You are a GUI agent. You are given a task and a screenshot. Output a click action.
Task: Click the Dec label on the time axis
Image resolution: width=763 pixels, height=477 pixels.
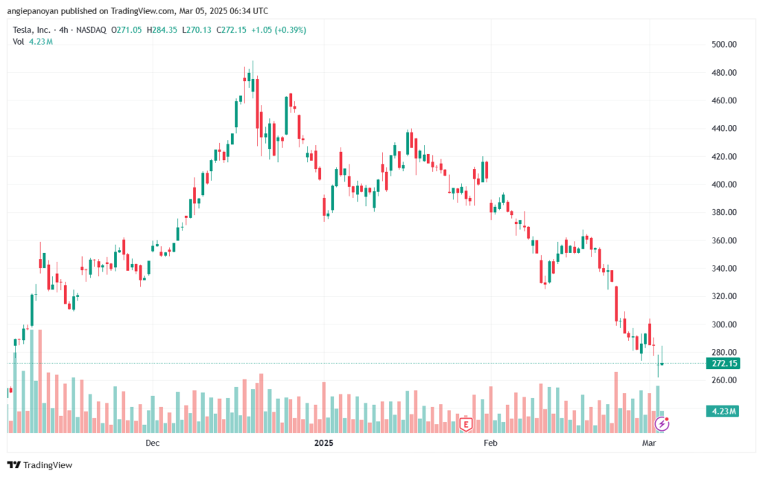(153, 444)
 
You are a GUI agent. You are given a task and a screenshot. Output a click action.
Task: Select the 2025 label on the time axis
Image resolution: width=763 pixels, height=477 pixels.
(323, 444)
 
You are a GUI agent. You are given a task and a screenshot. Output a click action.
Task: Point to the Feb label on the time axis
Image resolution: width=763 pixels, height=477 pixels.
(490, 444)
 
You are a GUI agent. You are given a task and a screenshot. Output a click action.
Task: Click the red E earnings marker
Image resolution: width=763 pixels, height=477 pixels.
(466, 424)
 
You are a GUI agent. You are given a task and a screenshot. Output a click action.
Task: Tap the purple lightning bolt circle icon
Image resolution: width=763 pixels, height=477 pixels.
(662, 424)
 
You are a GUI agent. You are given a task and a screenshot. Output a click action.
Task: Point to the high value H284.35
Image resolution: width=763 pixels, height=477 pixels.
(162, 30)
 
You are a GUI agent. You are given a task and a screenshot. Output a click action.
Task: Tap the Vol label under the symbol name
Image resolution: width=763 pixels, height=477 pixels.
(19, 42)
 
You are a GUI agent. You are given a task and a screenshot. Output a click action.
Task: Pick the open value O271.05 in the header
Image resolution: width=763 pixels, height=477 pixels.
(127, 30)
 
